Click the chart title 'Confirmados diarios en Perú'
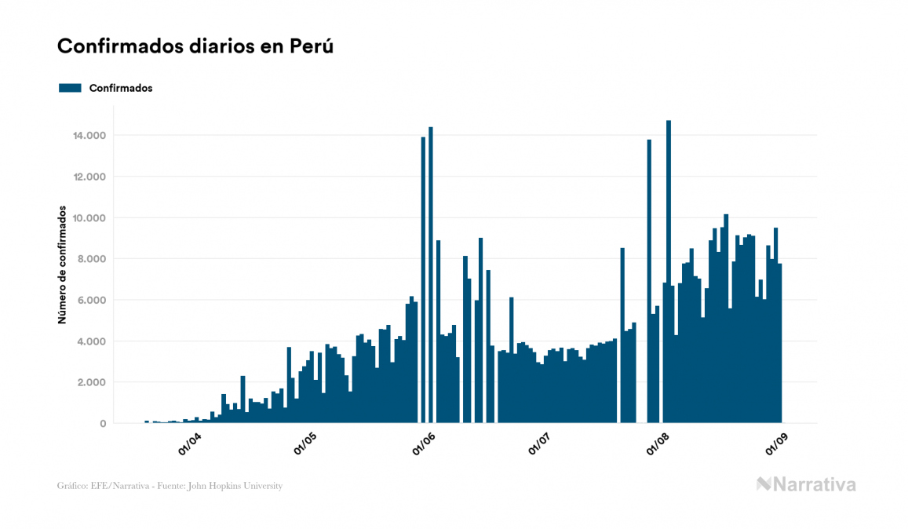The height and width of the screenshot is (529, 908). (195, 46)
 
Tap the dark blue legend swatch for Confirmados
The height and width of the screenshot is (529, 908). (70, 88)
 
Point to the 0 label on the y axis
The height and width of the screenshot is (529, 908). (103, 424)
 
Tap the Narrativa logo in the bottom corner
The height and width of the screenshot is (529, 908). (806, 484)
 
